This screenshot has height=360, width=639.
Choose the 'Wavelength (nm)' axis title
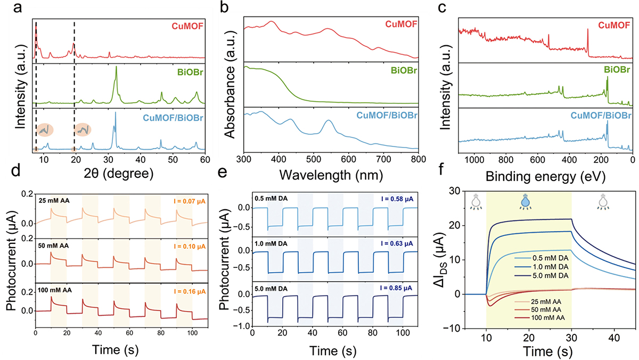point(330,174)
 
